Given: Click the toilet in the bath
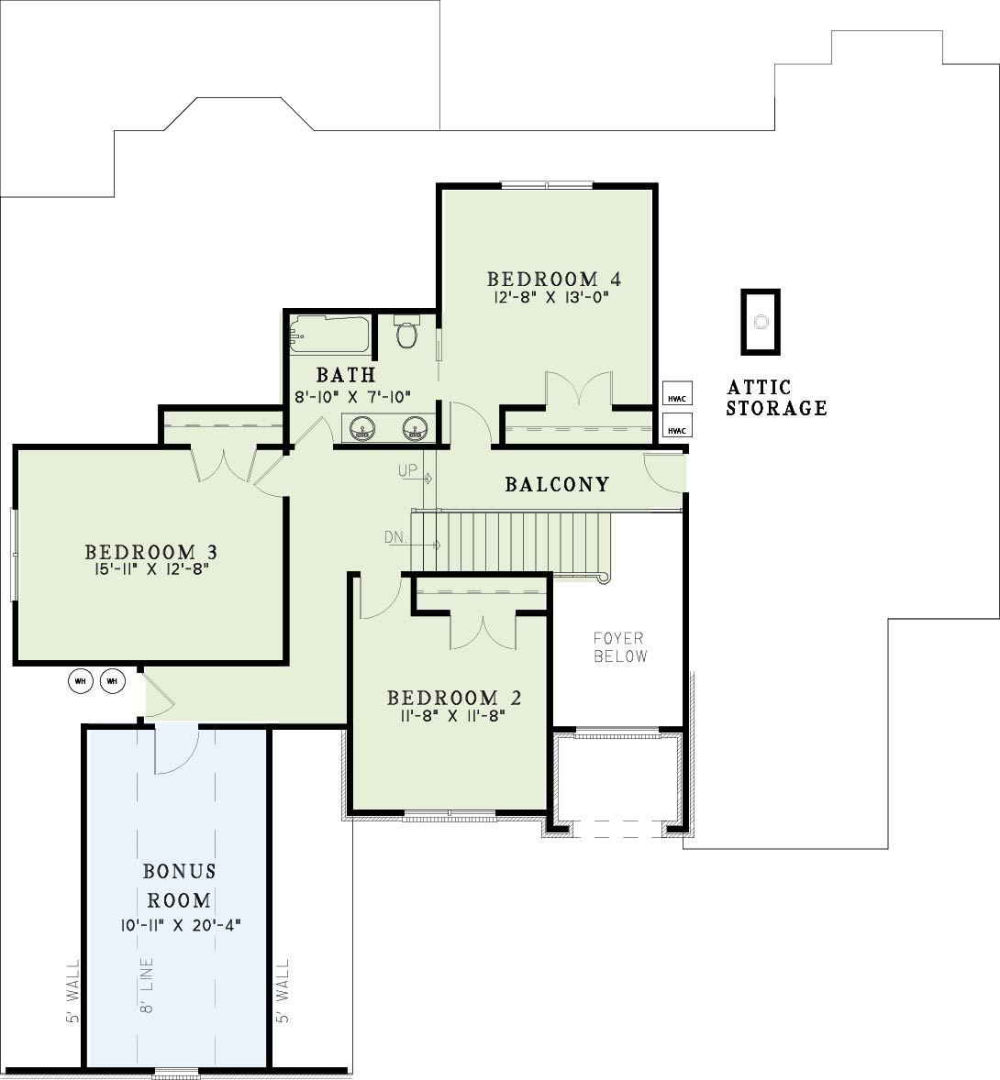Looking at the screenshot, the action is [x=406, y=332].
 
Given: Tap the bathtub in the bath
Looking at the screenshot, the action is [x=329, y=335].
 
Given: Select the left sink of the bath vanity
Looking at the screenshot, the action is [x=362, y=428].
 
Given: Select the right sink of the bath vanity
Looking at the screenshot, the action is [x=417, y=428].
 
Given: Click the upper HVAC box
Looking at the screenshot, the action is [x=677, y=393].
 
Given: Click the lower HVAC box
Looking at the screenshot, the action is [x=677, y=425].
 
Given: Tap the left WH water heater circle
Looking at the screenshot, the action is [x=81, y=681].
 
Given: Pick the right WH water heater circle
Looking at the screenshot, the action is [x=113, y=681].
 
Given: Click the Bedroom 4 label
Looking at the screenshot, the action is [x=554, y=279].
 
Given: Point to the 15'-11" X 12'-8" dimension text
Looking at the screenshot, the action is [x=151, y=569].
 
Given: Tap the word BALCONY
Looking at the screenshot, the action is [x=557, y=484].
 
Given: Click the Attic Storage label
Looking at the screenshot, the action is [x=776, y=397].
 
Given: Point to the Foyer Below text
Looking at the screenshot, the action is [x=620, y=647].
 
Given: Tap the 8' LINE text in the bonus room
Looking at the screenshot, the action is [x=146, y=985].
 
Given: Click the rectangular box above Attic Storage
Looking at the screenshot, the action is [x=761, y=323].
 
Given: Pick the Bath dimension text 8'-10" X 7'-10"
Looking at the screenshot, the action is [x=353, y=397].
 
